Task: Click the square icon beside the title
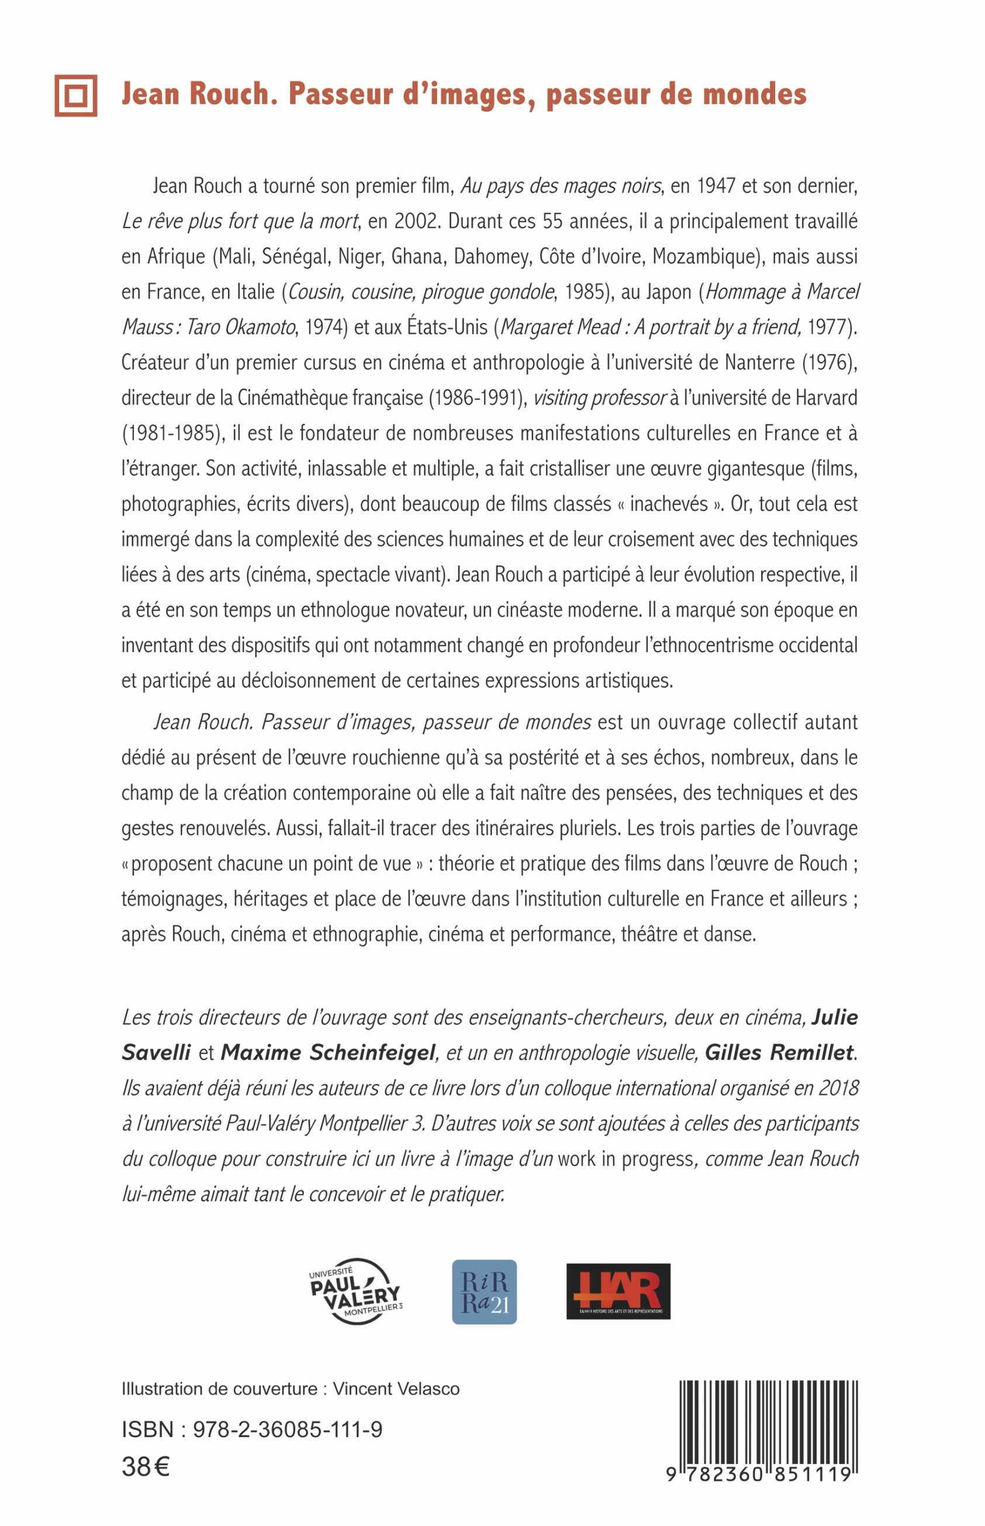click(x=75, y=95)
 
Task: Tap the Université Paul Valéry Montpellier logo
click(x=356, y=1292)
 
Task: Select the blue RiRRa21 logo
click(x=484, y=1292)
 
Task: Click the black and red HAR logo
click(x=618, y=1291)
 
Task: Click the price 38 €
click(x=146, y=1466)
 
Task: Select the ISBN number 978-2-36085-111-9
click(x=287, y=1429)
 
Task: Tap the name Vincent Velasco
click(x=396, y=1389)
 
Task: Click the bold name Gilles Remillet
click(x=779, y=1052)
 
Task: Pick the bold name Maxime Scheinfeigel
click(x=328, y=1052)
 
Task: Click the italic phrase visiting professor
click(x=599, y=398)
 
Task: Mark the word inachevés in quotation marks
click(x=668, y=504)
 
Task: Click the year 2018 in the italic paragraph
click(x=838, y=1088)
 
